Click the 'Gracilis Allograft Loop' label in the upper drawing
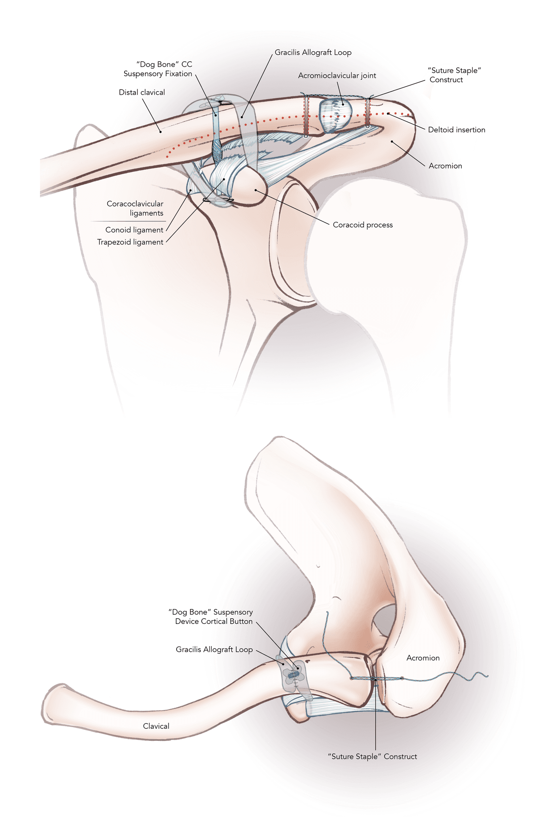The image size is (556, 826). pyautogui.click(x=313, y=52)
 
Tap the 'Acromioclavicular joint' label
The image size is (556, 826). pyautogui.click(x=337, y=75)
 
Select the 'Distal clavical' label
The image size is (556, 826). pyautogui.click(x=142, y=92)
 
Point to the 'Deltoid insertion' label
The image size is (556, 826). pyautogui.click(x=456, y=130)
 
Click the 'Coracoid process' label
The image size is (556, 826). pyautogui.click(x=362, y=225)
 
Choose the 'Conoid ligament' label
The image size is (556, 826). pyautogui.click(x=134, y=230)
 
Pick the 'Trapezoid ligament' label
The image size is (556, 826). pyautogui.click(x=130, y=242)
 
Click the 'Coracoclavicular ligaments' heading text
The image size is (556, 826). pyautogui.click(x=135, y=209)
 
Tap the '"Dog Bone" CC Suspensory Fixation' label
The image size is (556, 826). pyautogui.click(x=158, y=69)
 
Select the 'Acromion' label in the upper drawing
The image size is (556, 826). pyautogui.click(x=445, y=166)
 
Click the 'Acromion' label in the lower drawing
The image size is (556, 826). pyautogui.click(x=423, y=658)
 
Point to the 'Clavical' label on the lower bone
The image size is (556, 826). pyautogui.click(x=156, y=726)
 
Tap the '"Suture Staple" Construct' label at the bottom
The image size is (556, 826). pyautogui.click(x=373, y=757)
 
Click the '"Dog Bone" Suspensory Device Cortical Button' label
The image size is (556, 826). pyautogui.click(x=211, y=617)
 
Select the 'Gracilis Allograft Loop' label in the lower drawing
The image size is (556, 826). pyautogui.click(x=214, y=649)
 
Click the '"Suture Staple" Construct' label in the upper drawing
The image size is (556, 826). pyautogui.click(x=454, y=75)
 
